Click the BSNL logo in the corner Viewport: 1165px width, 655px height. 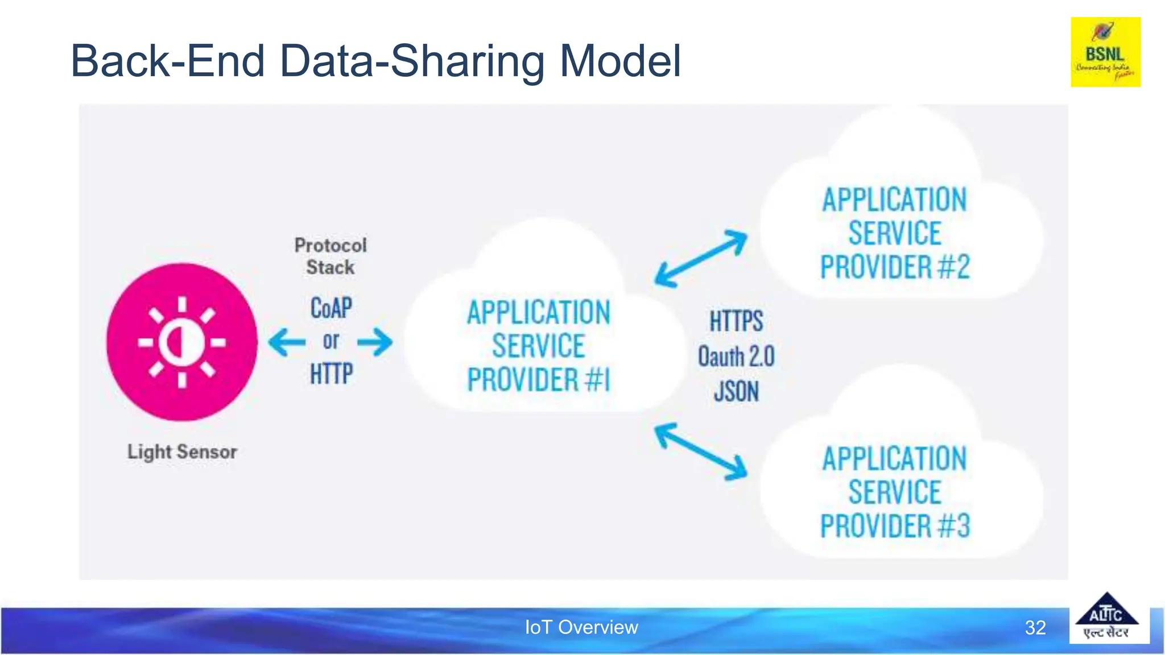[x=1105, y=52]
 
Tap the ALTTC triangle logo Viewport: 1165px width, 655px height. [x=1106, y=617]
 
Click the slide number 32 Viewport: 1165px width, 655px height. [x=1035, y=628]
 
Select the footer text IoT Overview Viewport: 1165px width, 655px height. [x=581, y=627]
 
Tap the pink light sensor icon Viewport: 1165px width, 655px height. [x=181, y=342]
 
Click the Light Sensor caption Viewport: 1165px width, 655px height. [x=181, y=452]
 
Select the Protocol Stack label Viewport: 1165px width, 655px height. [x=331, y=256]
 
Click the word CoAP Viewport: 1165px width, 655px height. [x=331, y=308]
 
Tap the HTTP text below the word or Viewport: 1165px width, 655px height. [x=331, y=374]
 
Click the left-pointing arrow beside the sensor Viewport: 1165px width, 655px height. [x=287, y=342]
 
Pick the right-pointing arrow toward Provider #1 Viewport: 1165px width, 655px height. [x=375, y=342]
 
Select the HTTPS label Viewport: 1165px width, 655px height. [x=736, y=321]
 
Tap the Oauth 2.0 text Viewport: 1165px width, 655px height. [x=736, y=357]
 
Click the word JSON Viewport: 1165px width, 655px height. [x=736, y=392]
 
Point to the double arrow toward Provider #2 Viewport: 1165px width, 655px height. [x=701, y=259]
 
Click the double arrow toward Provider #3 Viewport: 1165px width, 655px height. [x=701, y=451]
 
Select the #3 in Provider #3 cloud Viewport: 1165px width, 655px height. [x=954, y=526]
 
